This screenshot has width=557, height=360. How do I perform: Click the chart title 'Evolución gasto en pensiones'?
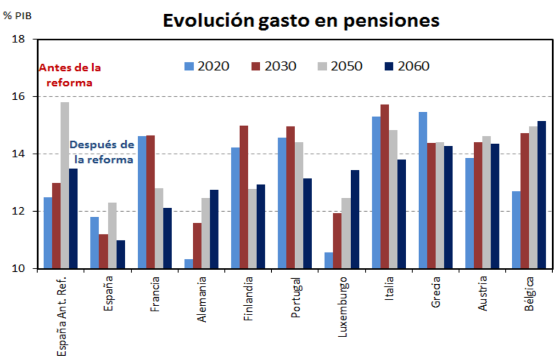(x=301, y=20)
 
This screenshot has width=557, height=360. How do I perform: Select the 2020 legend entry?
(x=207, y=66)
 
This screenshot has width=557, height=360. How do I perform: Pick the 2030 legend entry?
(x=274, y=66)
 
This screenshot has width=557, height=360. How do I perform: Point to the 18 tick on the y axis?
(x=21, y=39)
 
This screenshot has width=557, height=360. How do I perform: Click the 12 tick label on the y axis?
(x=21, y=212)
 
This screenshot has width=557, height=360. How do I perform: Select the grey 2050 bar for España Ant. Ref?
(x=65, y=185)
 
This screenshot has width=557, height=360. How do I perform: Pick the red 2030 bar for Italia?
(x=384, y=186)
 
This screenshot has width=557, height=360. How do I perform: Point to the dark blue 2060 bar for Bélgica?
(x=542, y=195)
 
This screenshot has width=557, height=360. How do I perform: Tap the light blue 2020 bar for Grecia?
(x=423, y=190)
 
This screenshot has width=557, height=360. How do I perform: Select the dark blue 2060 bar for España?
(x=121, y=254)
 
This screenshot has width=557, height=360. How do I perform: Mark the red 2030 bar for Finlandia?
(x=244, y=197)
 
